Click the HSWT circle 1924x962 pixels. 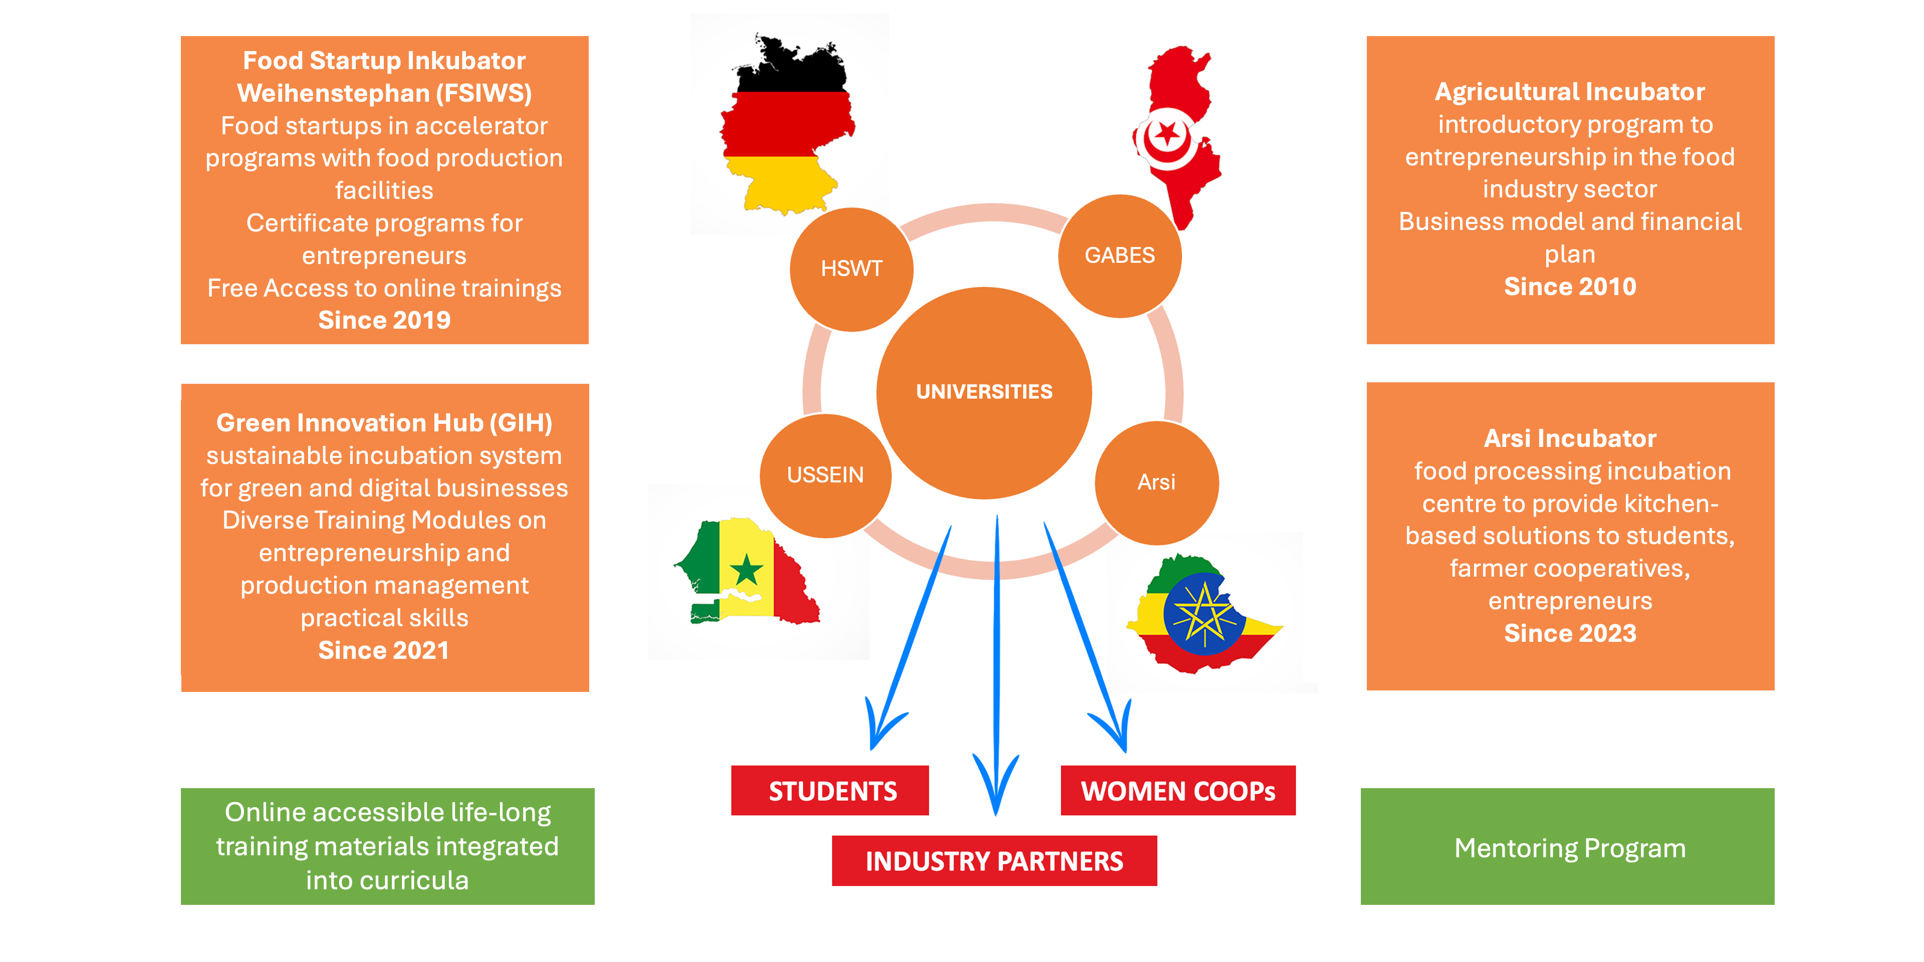pos(851,269)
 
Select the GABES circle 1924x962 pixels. pos(1120,256)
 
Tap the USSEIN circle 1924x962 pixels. pos(825,475)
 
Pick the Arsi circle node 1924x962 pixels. pos(1156,483)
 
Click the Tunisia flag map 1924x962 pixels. pos(1176,134)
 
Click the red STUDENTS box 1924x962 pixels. pos(830,790)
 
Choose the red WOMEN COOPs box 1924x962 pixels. pos(1178,790)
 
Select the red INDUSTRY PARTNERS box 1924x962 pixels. pos(994,860)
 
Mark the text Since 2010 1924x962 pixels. pos(1569,287)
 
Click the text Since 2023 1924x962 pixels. pos(1569,633)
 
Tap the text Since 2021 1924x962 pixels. pos(384,650)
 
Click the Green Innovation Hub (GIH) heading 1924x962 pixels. pos(384,423)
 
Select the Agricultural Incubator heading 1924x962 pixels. pos(1569,92)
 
